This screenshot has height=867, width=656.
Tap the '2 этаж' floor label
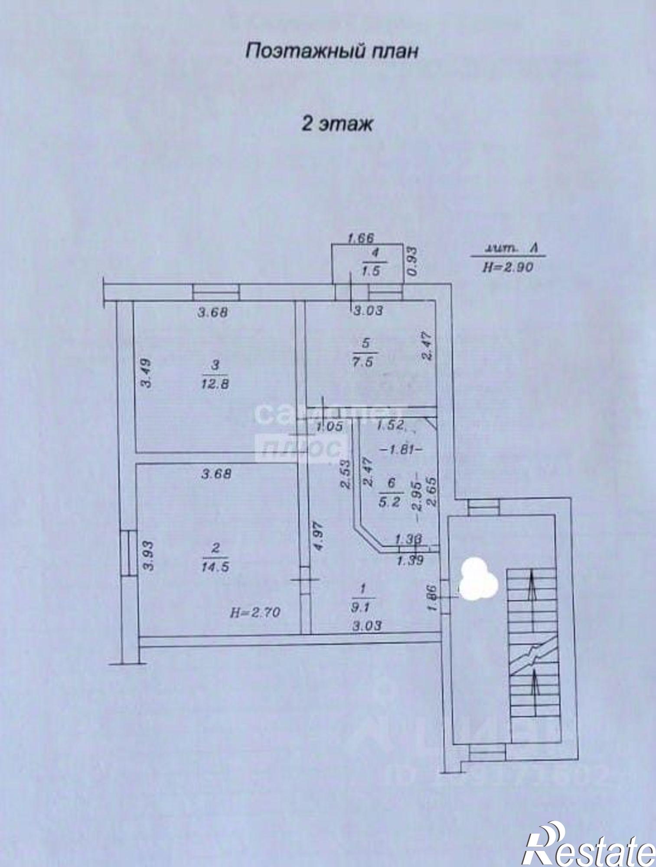point(337,124)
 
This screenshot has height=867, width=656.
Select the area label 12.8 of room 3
point(215,384)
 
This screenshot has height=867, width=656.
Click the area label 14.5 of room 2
point(215,567)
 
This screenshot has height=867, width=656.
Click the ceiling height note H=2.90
point(508,267)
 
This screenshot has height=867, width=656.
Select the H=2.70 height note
point(255,612)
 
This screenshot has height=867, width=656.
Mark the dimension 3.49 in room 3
point(147,372)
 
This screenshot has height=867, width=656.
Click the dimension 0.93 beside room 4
point(413,261)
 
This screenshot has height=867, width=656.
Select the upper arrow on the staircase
point(530,585)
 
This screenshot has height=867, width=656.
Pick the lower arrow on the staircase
point(535,686)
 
